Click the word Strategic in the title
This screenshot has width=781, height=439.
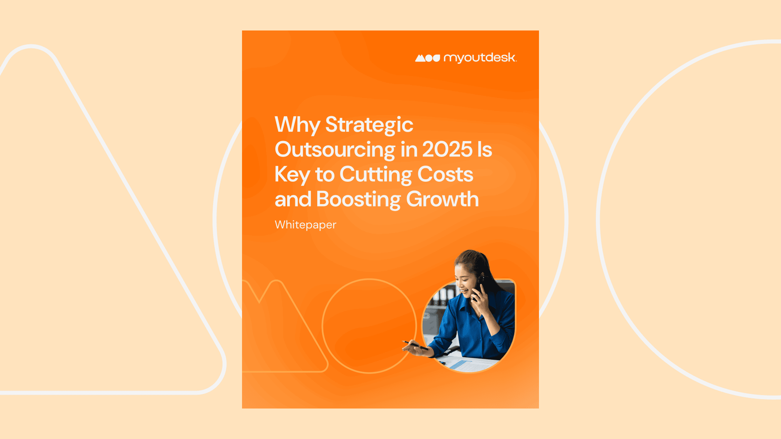point(369,125)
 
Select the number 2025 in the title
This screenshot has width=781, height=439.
point(447,150)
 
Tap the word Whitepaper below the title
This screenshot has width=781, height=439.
point(305,225)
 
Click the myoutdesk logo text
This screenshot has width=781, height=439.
point(480,58)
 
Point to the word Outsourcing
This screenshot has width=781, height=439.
point(335,150)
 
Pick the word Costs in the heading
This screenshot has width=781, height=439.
point(445,174)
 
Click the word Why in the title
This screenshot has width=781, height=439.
point(297,125)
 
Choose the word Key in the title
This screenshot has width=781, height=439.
point(292,175)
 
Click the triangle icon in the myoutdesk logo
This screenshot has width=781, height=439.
point(420,58)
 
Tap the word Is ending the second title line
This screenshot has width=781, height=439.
point(484,150)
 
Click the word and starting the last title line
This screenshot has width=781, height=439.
point(293,200)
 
